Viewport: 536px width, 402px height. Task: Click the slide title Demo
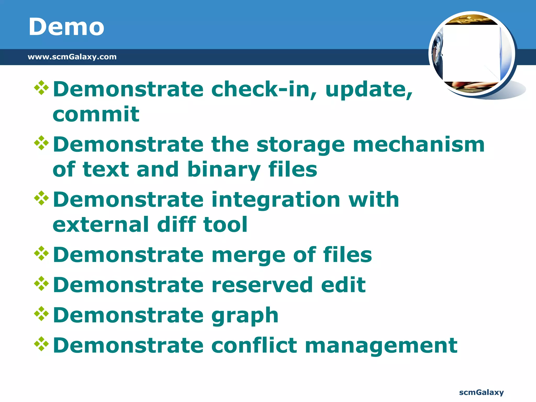pyautogui.click(x=66, y=27)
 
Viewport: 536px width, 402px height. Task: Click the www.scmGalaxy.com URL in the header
pyautogui.click(x=72, y=57)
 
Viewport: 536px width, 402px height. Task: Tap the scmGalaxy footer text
pyautogui.click(x=481, y=392)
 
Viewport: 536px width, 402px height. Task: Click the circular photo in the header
pyautogui.click(x=472, y=54)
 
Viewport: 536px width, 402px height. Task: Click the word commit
pyautogui.click(x=96, y=114)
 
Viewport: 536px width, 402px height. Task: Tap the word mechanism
pyautogui.click(x=419, y=144)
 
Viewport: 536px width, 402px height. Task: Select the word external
pyautogui.click(x=101, y=224)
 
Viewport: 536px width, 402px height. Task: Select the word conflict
pyautogui.click(x=254, y=345)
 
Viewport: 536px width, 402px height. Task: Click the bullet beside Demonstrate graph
pyautogui.click(x=42, y=313)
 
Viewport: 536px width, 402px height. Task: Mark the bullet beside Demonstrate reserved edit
pyautogui.click(x=42, y=283)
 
